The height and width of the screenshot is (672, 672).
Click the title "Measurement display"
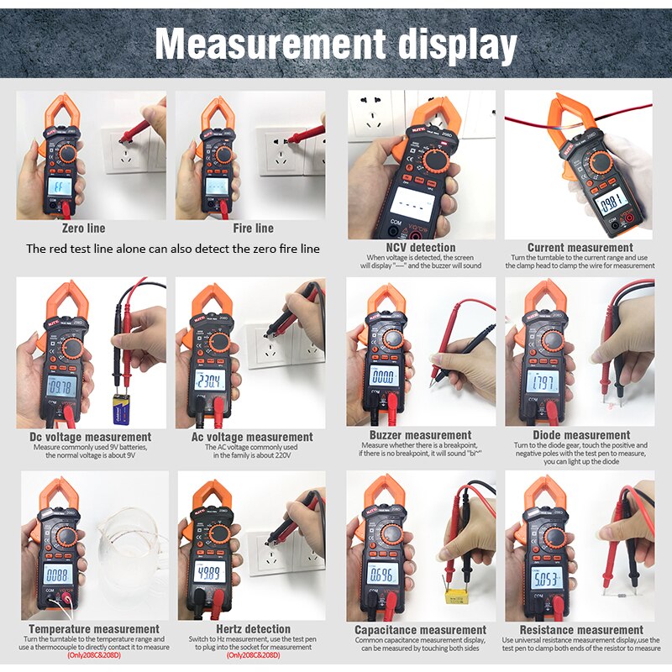click(336, 44)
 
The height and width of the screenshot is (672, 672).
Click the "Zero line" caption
click(84, 228)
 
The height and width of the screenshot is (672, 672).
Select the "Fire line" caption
click(253, 228)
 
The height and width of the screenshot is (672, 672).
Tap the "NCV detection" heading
click(420, 248)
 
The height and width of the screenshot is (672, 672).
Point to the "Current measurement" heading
click(580, 248)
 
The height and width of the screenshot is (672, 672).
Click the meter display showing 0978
click(60, 387)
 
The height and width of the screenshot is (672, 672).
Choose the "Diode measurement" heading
click(580, 435)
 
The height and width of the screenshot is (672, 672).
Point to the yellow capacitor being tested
click(459, 598)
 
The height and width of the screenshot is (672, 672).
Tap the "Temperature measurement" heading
click(94, 629)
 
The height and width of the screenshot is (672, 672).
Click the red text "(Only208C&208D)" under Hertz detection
click(255, 655)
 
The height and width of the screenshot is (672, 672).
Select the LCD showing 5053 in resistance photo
click(543, 578)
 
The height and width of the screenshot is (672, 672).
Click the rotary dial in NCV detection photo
click(435, 160)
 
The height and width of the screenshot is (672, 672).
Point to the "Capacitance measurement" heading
click(420, 630)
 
